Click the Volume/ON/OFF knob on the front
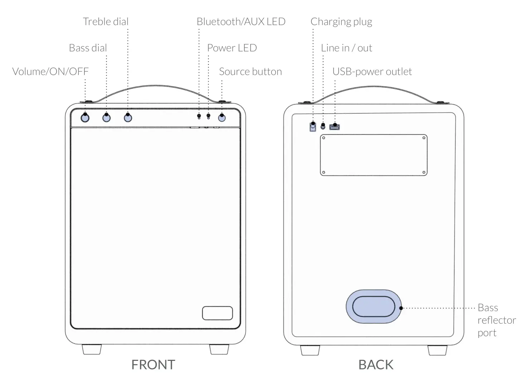pos(85,117)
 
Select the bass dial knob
pos(106,117)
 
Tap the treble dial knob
pos(128,117)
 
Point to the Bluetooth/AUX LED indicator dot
pos(199,116)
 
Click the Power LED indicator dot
pos(209,116)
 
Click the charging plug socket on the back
pos(313,126)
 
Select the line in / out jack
pos(323,126)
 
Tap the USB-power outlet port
pos(335,127)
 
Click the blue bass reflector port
pos(374,307)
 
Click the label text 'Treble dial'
pos(106,22)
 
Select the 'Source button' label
pos(250,72)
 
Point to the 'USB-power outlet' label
pos(372,72)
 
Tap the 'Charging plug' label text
pos(341,22)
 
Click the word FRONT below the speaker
pos(153,364)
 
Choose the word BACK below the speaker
pos(376,364)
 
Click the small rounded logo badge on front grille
pos(217,313)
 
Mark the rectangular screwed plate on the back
pos(373,155)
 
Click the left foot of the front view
pos(92,349)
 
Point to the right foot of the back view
pos(437,350)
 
